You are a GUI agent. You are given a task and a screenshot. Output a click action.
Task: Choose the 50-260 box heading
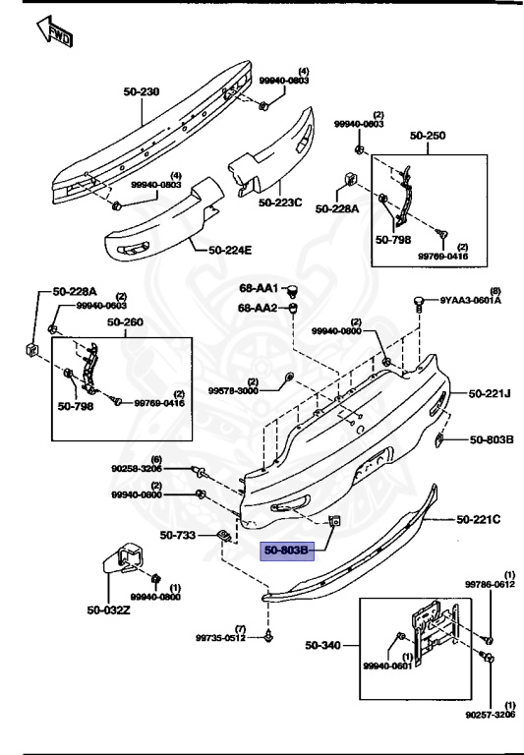(125, 320)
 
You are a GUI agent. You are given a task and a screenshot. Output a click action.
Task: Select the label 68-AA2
(259, 308)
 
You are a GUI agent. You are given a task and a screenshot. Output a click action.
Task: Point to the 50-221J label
(490, 393)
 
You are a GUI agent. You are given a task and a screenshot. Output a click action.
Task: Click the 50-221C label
(479, 517)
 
